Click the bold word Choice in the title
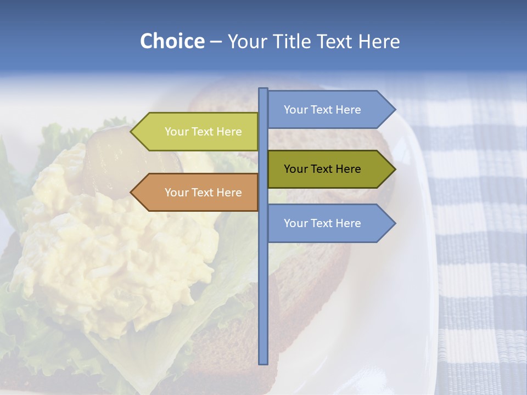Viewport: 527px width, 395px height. pyautogui.click(x=172, y=42)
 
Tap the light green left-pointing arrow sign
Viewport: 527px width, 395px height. pyautogui.click(x=198, y=132)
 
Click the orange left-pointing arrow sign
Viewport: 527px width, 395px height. pyautogui.click(x=198, y=193)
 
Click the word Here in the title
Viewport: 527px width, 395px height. pyautogui.click(x=379, y=42)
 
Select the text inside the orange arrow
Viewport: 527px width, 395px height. pyautogui.click(x=203, y=193)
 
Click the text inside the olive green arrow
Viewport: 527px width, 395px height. pyautogui.click(x=322, y=169)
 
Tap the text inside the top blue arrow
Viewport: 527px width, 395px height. pyautogui.click(x=322, y=110)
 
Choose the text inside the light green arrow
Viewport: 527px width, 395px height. pyautogui.click(x=203, y=132)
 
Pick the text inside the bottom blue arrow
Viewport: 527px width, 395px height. pyautogui.click(x=322, y=223)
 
